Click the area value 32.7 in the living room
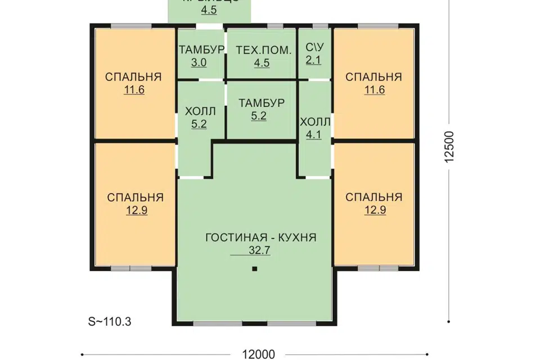[259, 251]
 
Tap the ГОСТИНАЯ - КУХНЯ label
[261, 237]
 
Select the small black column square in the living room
[255, 270]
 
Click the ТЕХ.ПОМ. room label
[261, 49]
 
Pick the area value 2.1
[313, 60]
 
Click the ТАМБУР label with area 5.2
[261, 103]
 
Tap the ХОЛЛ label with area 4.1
[316, 121]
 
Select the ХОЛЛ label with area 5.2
[199, 111]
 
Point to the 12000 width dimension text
[259, 354]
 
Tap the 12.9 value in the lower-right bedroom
[373, 210]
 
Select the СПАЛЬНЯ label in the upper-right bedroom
[373, 77]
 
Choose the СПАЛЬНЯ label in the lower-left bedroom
[135, 197]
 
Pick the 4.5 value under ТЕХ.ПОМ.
[261, 63]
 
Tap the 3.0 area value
[199, 62]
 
